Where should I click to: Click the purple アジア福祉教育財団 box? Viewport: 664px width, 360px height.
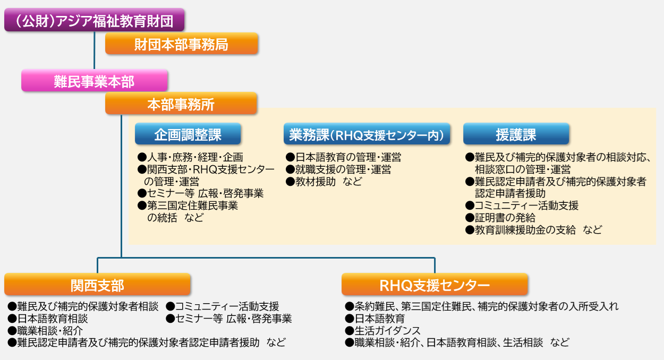(95, 21)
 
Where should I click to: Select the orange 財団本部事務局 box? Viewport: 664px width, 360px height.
(182, 45)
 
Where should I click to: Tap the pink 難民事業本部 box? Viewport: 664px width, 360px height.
(95, 81)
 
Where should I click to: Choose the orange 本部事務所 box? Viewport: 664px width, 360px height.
(181, 105)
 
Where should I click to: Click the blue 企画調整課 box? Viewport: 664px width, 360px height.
(188, 135)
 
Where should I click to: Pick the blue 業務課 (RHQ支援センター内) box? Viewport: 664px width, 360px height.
(367, 135)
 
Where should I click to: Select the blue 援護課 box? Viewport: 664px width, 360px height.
(516, 135)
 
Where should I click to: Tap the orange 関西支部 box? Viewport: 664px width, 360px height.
(97, 285)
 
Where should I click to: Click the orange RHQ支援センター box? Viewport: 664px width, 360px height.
(435, 285)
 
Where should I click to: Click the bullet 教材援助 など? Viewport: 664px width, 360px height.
(324, 182)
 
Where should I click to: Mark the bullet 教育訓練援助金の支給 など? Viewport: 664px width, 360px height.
(533, 230)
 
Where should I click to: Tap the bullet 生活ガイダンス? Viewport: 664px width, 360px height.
(382, 330)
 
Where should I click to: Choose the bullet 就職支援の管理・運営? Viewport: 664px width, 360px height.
(338, 169)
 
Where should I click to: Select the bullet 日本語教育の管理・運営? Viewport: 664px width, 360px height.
(343, 157)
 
